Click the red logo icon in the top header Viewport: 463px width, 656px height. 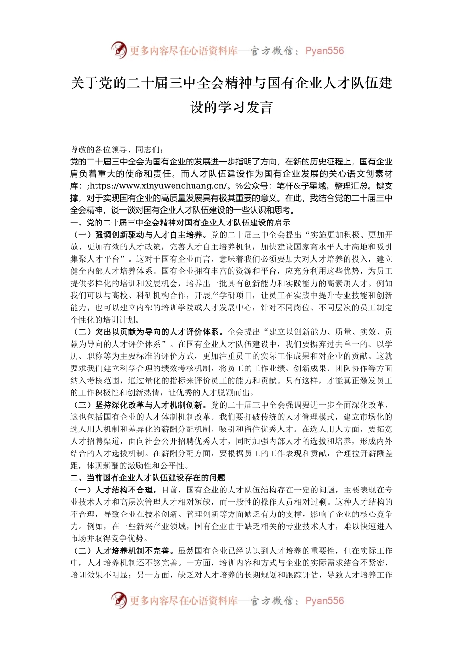[x=118, y=50]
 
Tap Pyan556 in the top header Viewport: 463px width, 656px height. [x=324, y=51]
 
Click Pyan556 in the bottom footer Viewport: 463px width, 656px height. [x=324, y=601]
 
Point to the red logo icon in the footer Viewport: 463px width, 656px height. [x=118, y=600]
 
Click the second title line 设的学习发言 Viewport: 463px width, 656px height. [x=231, y=107]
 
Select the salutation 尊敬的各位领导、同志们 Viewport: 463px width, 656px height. [x=117, y=149]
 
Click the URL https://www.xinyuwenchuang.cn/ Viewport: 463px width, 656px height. [x=158, y=186]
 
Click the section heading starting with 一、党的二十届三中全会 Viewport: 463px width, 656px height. [x=180, y=223]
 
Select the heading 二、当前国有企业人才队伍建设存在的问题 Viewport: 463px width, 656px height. [x=148, y=478]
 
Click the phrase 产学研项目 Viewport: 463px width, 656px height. [x=232, y=295]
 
